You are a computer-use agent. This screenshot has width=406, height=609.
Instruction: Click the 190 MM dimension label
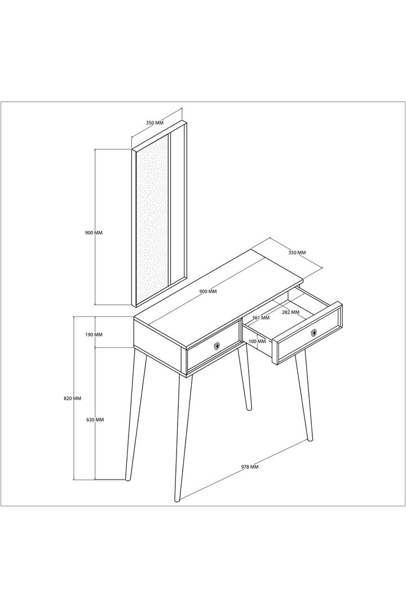[94, 334]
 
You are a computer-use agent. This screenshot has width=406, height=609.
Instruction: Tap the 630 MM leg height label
[95, 420]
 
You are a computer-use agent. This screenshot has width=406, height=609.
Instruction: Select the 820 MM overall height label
[72, 399]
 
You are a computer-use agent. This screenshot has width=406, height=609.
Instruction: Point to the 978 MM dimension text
[249, 467]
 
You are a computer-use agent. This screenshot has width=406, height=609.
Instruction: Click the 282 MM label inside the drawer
[290, 312]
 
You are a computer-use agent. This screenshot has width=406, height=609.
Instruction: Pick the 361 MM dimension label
[261, 317]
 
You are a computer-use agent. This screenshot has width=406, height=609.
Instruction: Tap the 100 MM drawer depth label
[257, 341]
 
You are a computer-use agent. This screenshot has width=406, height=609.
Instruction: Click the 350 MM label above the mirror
[155, 123]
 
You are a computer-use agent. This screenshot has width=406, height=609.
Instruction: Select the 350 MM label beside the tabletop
[297, 253]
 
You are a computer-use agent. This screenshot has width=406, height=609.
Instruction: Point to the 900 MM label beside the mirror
[94, 233]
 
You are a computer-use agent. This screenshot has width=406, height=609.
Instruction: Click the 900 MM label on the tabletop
[208, 292]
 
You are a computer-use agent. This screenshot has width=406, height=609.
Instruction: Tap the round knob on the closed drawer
[217, 346]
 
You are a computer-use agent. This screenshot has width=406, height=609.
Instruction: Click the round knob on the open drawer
[314, 333]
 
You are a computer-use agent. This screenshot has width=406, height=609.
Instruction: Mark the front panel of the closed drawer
[213, 346]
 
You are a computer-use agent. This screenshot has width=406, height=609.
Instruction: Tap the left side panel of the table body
[159, 345]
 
